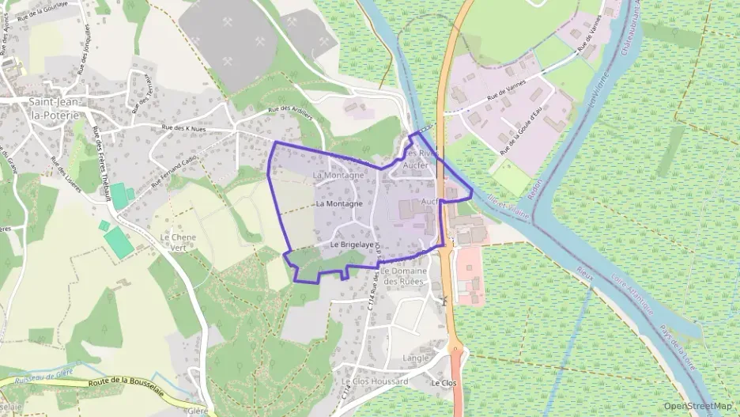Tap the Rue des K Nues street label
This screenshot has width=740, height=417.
183,129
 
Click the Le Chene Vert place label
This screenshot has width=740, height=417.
177,241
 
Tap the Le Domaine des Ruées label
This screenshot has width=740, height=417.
402,276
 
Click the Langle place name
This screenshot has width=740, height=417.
416,358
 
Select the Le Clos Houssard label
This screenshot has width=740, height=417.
375,381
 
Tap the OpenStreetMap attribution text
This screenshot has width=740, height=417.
697,406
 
